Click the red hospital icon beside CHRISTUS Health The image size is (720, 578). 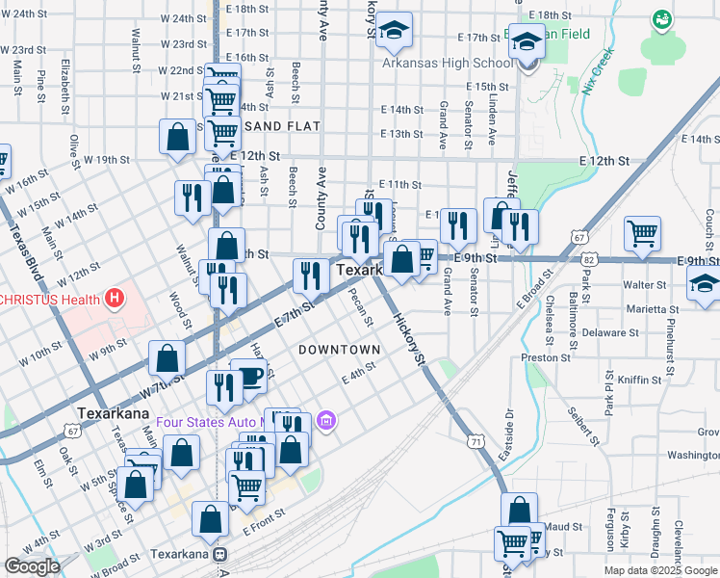tap(116, 299)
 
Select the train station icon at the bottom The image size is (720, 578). tap(220, 556)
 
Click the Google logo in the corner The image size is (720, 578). tap(32, 566)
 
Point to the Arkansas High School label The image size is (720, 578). tap(448, 64)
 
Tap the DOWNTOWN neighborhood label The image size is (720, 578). tap(339, 349)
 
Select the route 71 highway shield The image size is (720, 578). tap(475, 440)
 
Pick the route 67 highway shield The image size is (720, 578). tap(578, 235)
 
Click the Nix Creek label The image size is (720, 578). tap(597, 72)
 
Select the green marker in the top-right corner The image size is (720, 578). tap(661, 18)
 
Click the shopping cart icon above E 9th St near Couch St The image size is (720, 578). tap(642, 232)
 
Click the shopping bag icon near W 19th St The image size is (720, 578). tap(178, 137)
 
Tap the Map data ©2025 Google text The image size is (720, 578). tap(659, 570)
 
